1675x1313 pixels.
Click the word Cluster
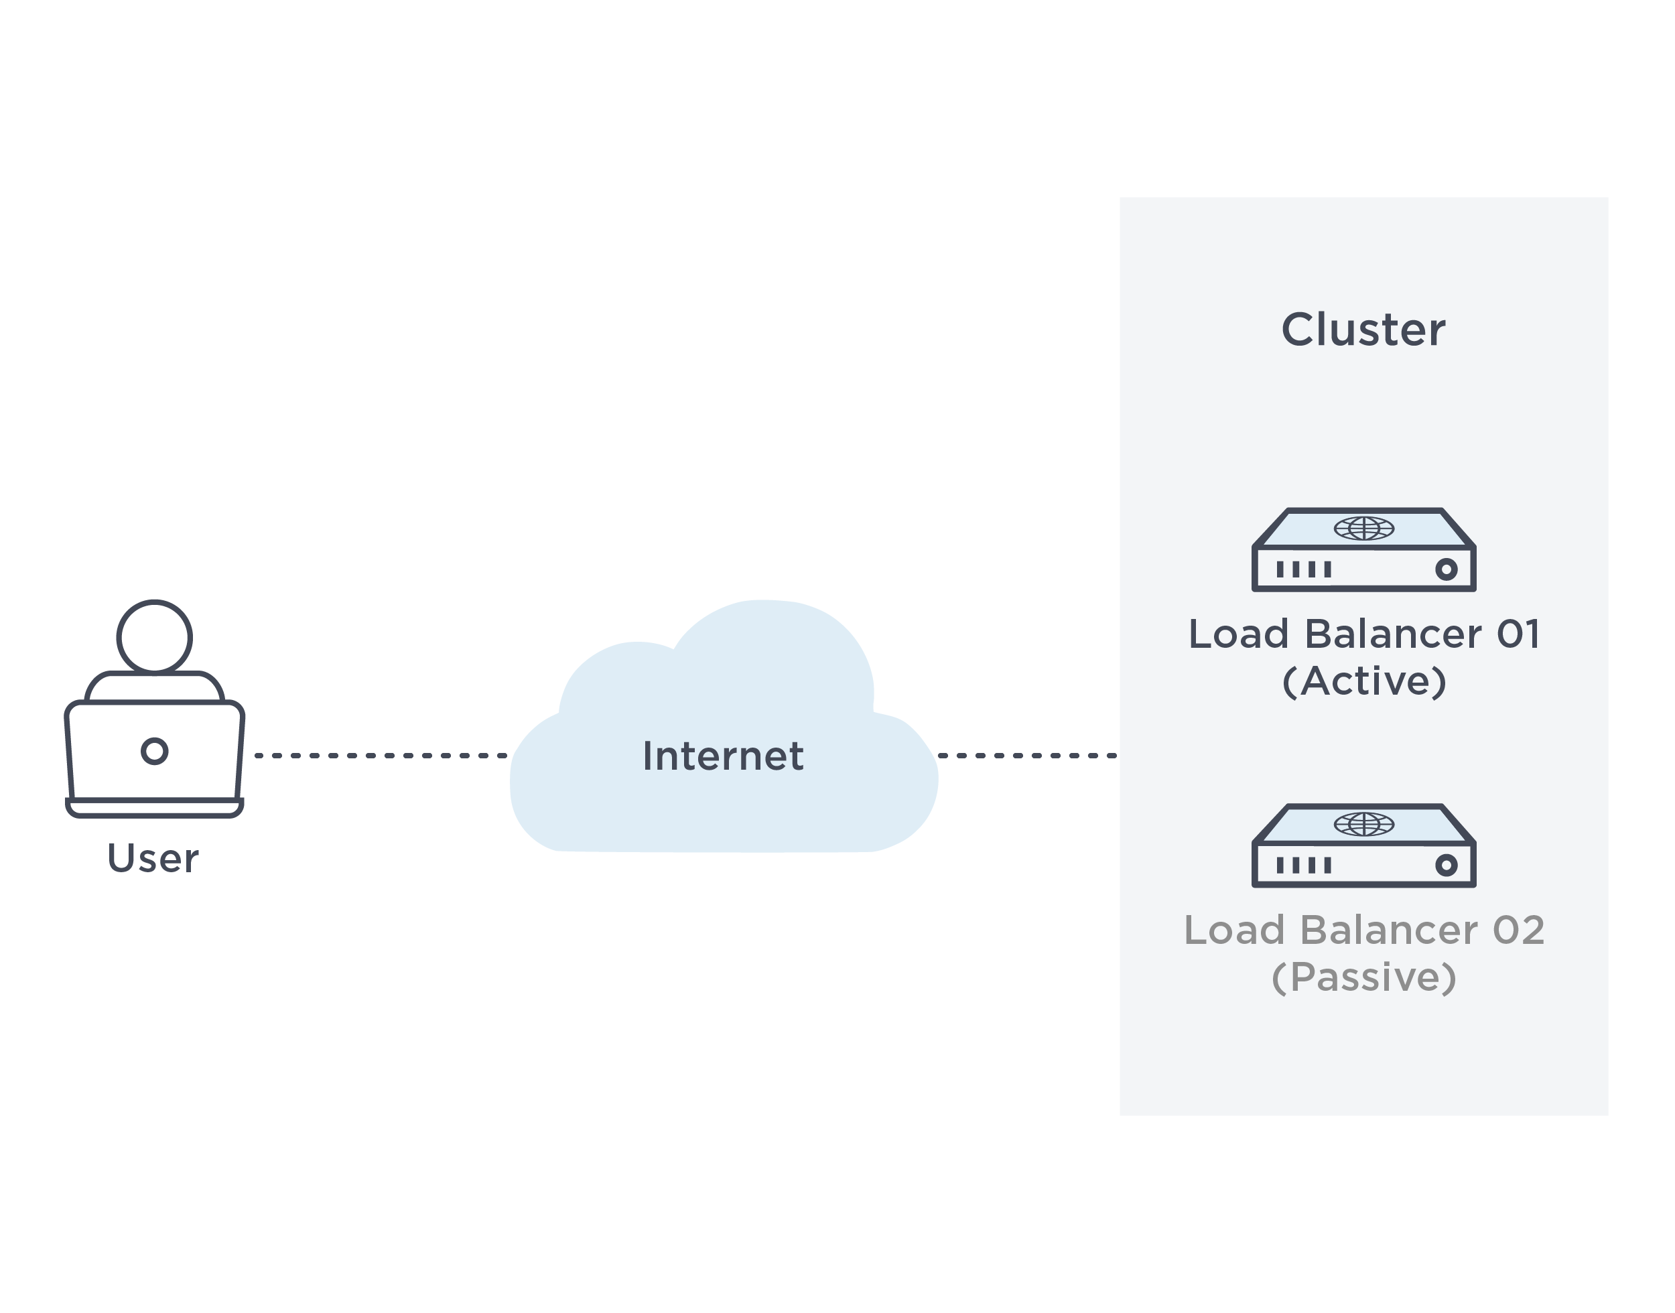coord(1362,330)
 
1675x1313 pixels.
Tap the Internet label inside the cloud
coord(722,756)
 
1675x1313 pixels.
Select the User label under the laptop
coord(153,859)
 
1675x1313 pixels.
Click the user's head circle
coord(155,637)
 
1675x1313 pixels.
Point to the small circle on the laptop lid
coord(155,751)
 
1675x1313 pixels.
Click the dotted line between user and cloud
coord(380,756)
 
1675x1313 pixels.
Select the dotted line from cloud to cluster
coord(1026,756)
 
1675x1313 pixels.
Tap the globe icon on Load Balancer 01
coord(1363,528)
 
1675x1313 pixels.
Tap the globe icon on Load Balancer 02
coord(1363,824)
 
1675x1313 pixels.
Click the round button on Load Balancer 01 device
coord(1446,569)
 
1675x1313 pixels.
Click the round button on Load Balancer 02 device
coord(1446,866)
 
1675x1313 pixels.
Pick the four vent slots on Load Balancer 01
coord(1304,569)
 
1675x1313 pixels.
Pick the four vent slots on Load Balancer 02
coord(1304,866)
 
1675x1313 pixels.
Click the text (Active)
coord(1363,682)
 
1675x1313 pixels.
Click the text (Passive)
coord(1363,978)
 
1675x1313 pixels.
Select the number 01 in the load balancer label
coord(1518,635)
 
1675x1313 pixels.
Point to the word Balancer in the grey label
coord(1388,931)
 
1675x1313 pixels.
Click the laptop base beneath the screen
coord(155,807)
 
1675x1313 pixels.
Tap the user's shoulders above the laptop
coord(155,687)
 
